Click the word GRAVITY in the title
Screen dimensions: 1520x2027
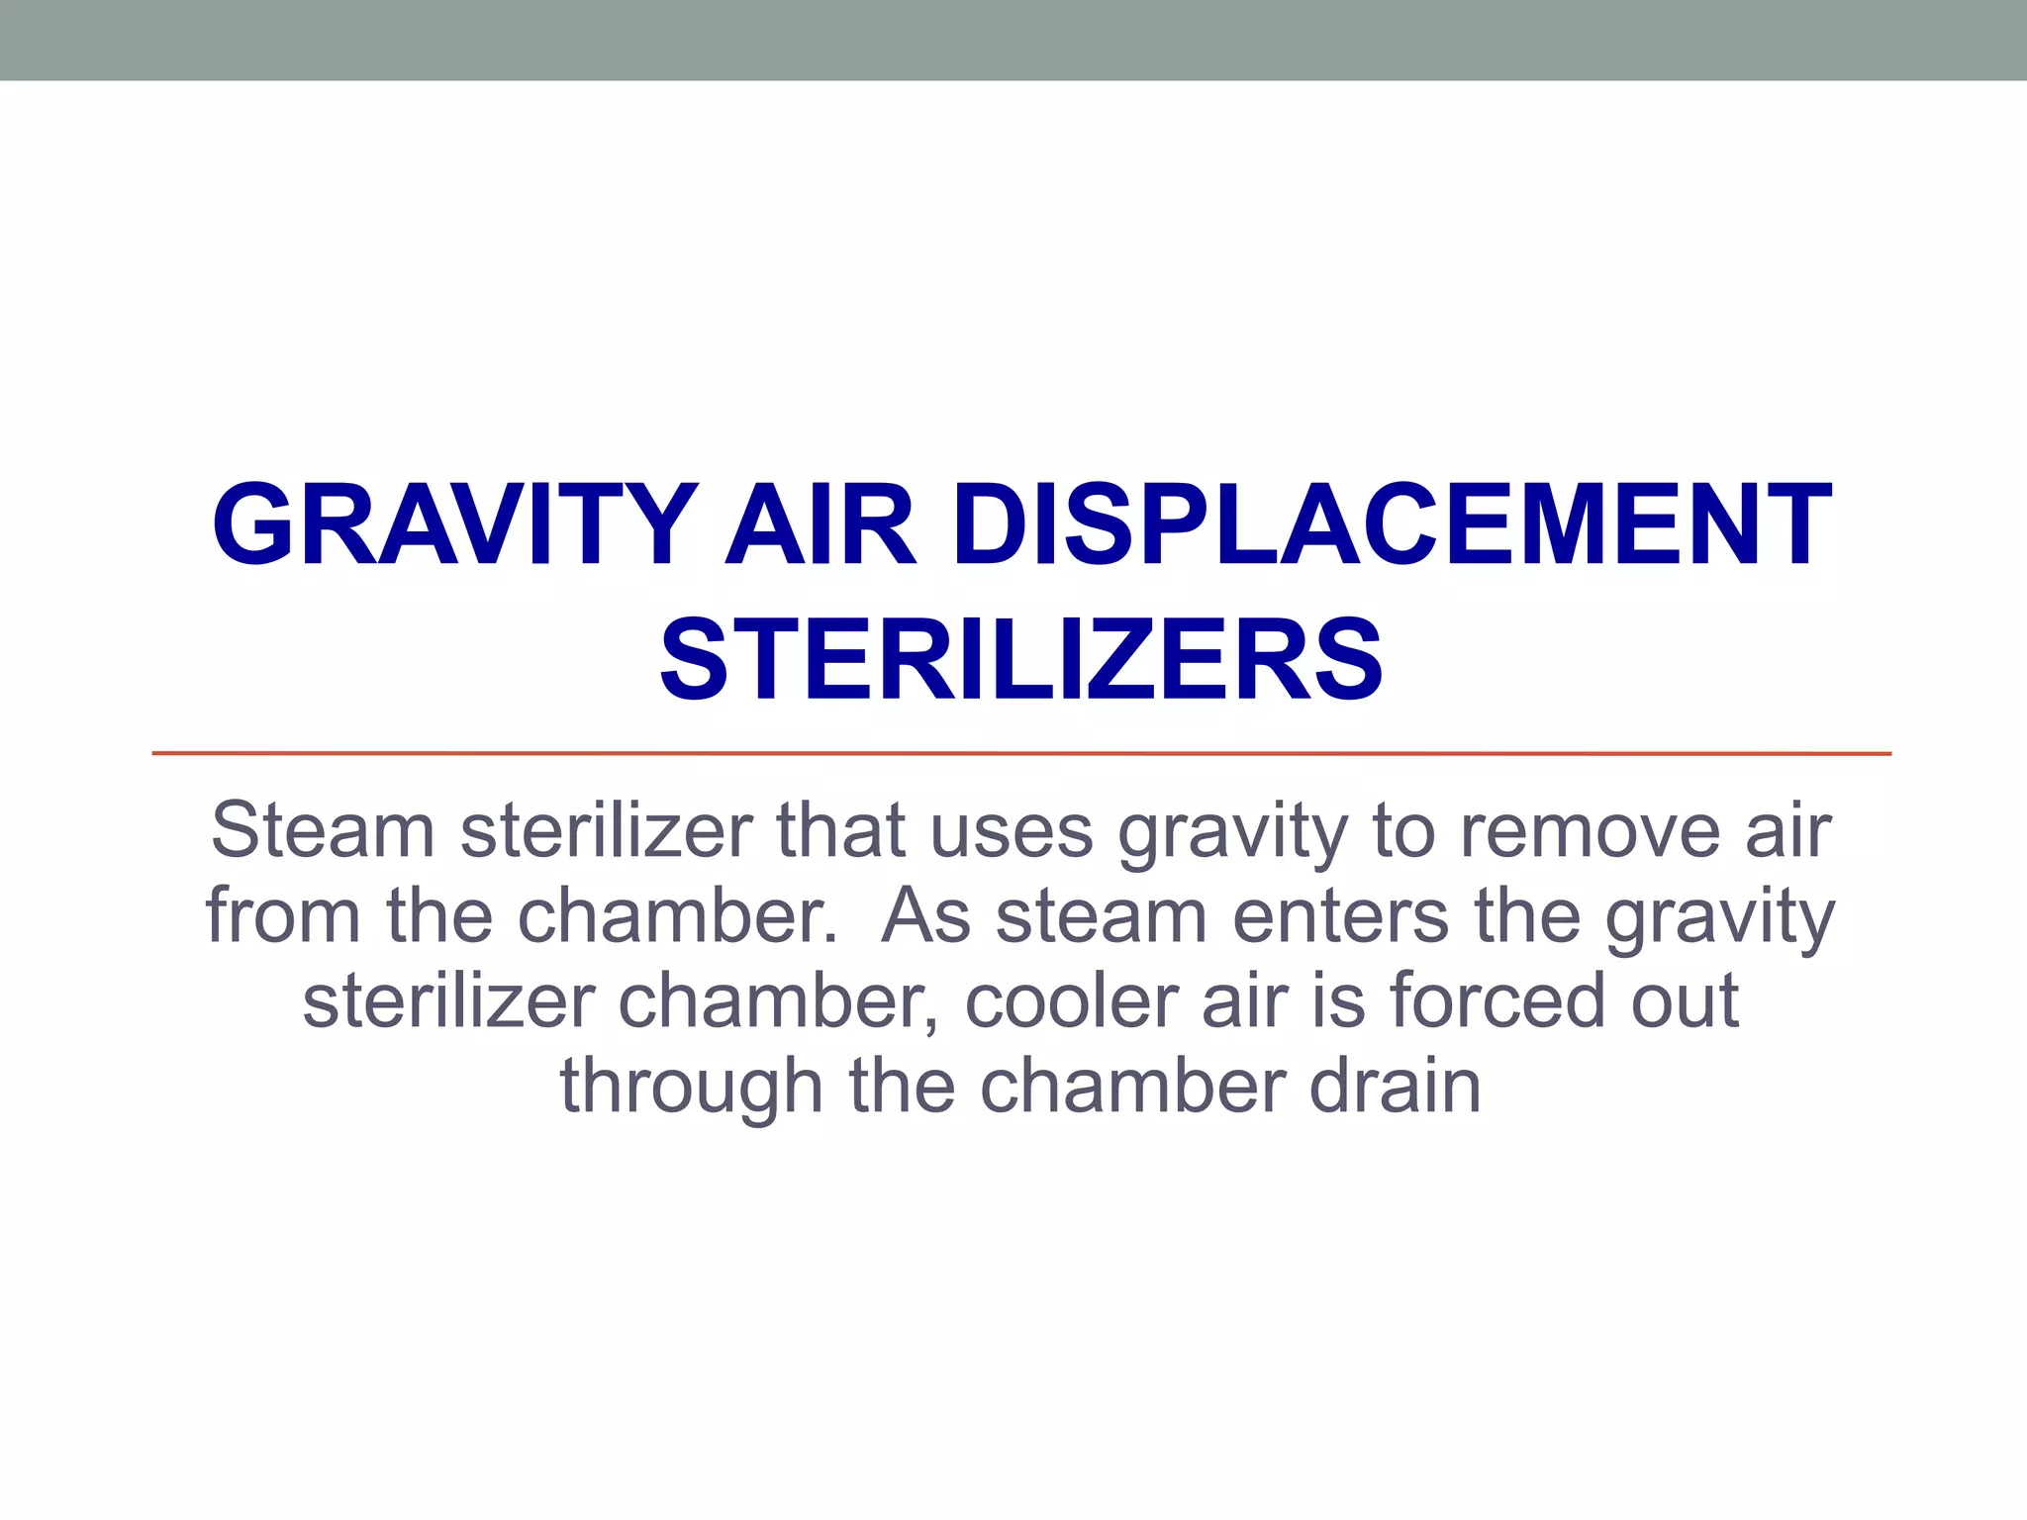pos(453,525)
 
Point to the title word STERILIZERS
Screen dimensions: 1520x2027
pos(1020,661)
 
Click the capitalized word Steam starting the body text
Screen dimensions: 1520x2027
pos(323,830)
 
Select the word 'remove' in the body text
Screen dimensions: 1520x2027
pos(1590,830)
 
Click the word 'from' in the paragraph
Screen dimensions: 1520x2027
pos(283,915)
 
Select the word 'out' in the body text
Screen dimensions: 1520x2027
pos(1686,1000)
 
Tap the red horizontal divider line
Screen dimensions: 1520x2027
pos(1020,754)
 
